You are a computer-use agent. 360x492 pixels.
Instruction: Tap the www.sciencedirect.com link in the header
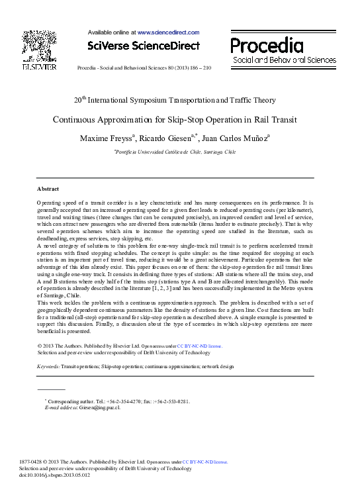tap(168, 32)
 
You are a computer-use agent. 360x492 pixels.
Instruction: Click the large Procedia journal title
tap(267, 45)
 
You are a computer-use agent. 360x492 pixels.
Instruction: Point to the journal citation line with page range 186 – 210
tap(144, 68)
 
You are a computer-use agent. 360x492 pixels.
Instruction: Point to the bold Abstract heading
tap(48, 189)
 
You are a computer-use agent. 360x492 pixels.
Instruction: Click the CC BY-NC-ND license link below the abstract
tap(199, 346)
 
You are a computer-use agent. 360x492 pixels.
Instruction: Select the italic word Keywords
tap(48, 366)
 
